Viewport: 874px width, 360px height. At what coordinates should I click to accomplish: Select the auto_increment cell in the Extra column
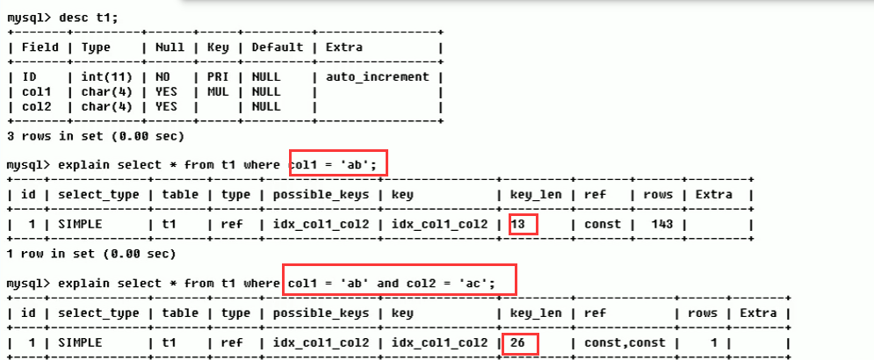pos(377,76)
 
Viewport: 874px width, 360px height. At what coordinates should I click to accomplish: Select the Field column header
pos(40,47)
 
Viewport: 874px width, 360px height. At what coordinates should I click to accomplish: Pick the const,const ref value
pos(630,343)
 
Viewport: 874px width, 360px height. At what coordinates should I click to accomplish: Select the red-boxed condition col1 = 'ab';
pos(338,164)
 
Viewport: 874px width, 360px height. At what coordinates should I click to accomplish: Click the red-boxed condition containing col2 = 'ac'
pos(400,283)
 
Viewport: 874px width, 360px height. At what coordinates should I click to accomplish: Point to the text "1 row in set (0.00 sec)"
pos(88,254)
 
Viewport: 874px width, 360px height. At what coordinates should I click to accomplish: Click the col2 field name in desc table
pos(36,106)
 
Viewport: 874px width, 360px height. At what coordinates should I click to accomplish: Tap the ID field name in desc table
pos(29,76)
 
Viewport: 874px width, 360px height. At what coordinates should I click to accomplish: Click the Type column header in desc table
pos(96,47)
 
